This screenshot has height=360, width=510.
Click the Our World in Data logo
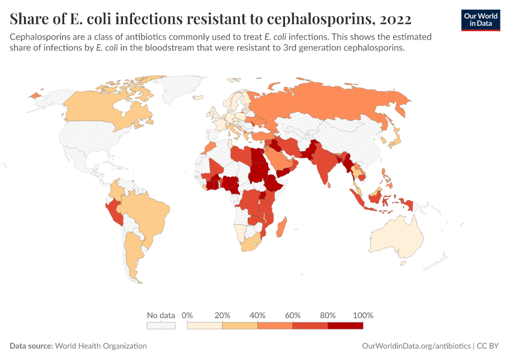(480, 20)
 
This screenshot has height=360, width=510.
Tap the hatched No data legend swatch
(161, 325)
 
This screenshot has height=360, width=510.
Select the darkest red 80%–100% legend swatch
(345, 325)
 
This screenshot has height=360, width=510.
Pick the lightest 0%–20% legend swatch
(205, 325)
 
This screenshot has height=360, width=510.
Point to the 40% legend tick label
(257, 315)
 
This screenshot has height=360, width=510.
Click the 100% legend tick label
(363, 315)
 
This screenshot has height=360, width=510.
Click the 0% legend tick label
(187, 315)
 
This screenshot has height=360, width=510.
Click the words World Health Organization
(101, 346)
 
